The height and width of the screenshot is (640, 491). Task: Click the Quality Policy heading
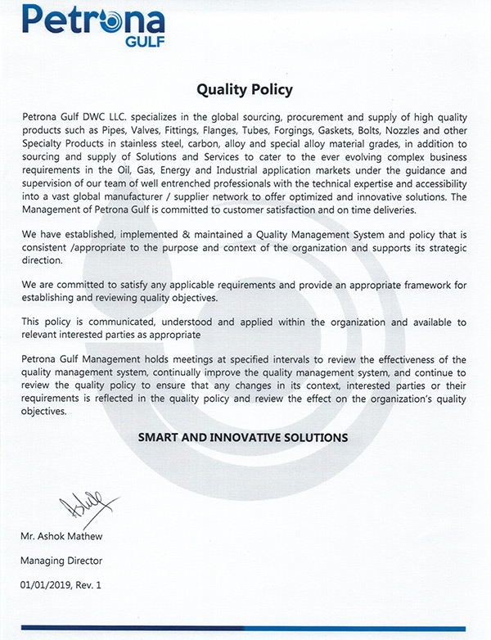(x=245, y=89)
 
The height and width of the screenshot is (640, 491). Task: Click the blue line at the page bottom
(x=245, y=629)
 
